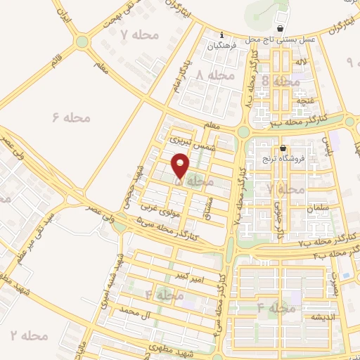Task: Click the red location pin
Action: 181,167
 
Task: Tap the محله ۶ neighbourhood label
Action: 72,117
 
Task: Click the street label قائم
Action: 55,61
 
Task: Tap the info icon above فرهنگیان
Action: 221,34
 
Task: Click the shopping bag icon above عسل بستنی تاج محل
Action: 282,29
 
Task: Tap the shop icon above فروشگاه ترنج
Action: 283,148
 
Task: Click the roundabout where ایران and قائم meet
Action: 83,41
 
